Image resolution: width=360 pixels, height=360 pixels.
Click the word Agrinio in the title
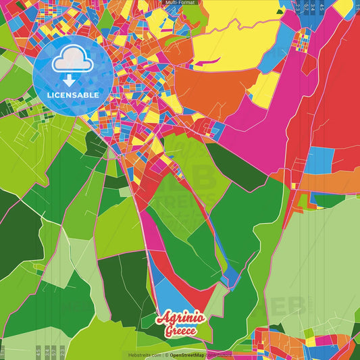point(178,319)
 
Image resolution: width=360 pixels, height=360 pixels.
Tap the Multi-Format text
point(180,3)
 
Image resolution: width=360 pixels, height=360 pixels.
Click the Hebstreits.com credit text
point(143,355)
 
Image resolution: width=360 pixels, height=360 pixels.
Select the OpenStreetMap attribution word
point(187,355)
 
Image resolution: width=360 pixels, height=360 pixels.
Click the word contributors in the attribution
point(218,355)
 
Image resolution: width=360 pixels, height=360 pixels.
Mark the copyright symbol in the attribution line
point(165,355)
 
